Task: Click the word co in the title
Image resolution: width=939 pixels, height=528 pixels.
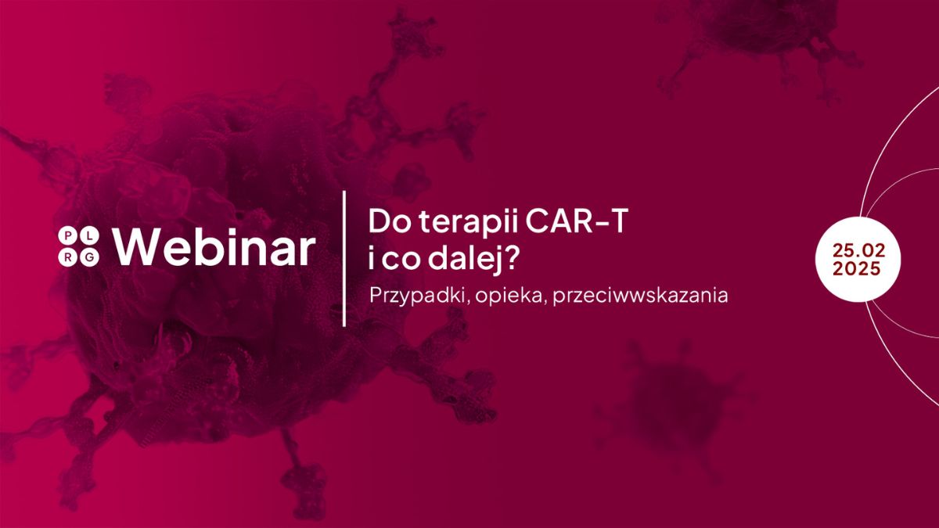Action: [401, 260]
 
